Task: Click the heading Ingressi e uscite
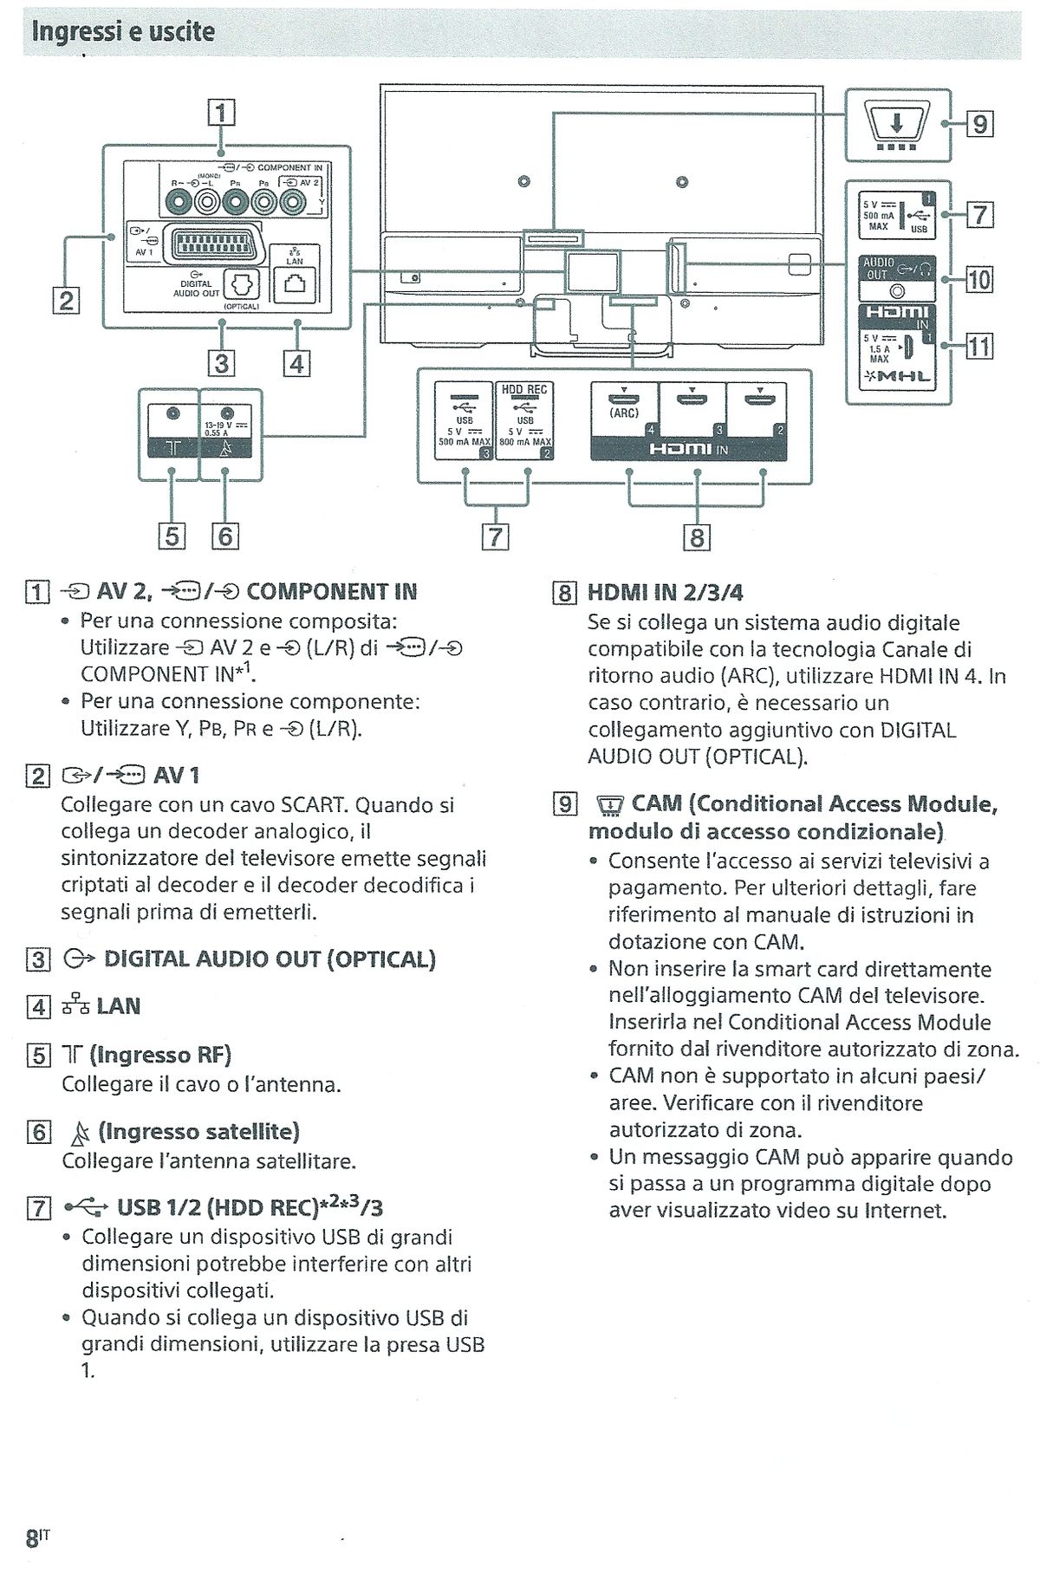click(x=122, y=32)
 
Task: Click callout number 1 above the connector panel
click(x=221, y=112)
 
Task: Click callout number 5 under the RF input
click(x=172, y=536)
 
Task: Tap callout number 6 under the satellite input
click(x=224, y=536)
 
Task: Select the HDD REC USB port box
click(x=524, y=420)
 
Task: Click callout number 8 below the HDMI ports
click(x=697, y=537)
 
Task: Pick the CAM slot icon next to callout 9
click(x=898, y=124)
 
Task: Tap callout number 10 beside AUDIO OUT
click(x=978, y=279)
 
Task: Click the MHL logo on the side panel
click(x=897, y=377)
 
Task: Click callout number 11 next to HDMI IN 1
click(x=978, y=347)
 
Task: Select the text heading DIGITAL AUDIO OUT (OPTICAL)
click(x=269, y=959)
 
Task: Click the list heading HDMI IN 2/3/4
click(x=665, y=593)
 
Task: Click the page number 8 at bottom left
click(x=32, y=1538)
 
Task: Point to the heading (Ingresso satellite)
click(x=198, y=1132)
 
